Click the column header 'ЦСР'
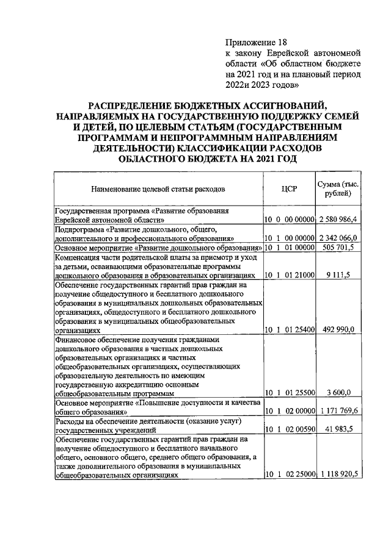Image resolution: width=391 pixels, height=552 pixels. [289, 188]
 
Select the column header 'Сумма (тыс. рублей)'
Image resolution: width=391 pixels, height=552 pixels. [338, 189]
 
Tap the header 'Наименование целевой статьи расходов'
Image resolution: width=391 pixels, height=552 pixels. [159, 189]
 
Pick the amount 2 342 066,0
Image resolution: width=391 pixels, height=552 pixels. [338, 238]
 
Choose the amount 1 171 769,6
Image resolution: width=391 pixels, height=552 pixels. [338, 412]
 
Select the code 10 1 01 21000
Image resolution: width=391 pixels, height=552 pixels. [289, 275]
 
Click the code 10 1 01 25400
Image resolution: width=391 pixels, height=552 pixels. [289, 330]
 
